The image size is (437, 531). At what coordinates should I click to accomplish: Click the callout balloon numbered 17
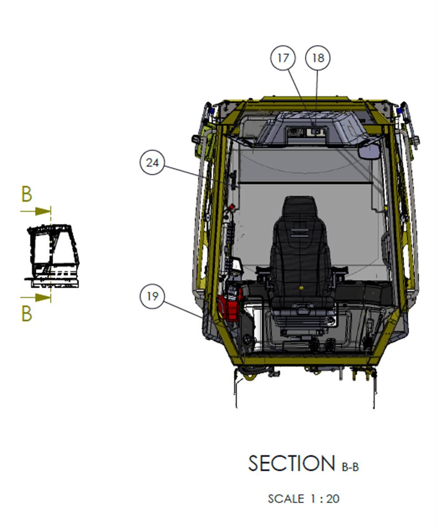pos(283,58)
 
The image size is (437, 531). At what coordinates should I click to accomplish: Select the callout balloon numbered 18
pos(318,58)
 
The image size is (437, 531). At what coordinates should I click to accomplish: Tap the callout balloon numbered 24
pos(152,163)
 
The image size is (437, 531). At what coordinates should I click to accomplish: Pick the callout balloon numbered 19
pos(152,297)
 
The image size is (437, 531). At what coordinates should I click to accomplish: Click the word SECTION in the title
pos(292,463)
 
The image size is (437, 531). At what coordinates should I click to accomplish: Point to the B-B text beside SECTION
pos(350,467)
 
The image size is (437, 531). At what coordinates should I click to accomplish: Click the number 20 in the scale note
pos(333,499)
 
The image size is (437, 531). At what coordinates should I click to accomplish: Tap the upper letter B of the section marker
pos(27,194)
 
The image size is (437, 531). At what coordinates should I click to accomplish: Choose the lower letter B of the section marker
pos(27,313)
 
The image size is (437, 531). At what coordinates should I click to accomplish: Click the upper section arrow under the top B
pos(35,211)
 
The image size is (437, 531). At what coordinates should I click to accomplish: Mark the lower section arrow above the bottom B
pos(35,298)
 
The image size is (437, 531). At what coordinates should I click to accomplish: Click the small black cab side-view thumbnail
pos(52,256)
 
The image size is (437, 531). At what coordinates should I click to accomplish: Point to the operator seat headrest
pos(300,206)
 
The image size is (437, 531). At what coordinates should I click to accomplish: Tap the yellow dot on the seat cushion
pos(301,288)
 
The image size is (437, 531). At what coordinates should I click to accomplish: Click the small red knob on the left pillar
pos(231,206)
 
